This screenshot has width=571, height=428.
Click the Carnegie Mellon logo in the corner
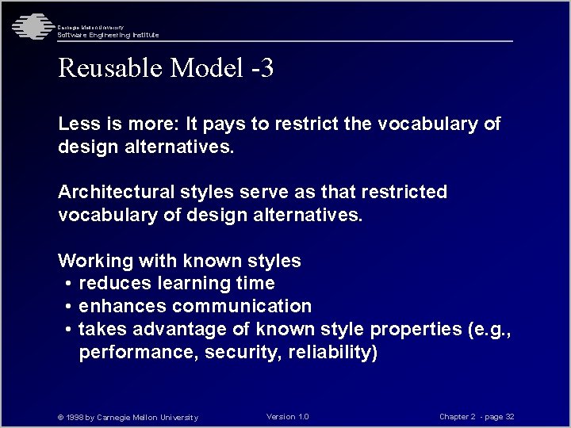[x=30, y=27]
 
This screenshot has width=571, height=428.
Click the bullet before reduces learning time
[x=70, y=284]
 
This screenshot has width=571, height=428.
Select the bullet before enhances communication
[x=70, y=307]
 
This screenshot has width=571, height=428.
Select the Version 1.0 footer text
[x=288, y=417]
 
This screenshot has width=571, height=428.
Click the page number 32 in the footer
[x=510, y=417]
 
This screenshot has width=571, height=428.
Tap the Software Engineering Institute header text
[x=108, y=35]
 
